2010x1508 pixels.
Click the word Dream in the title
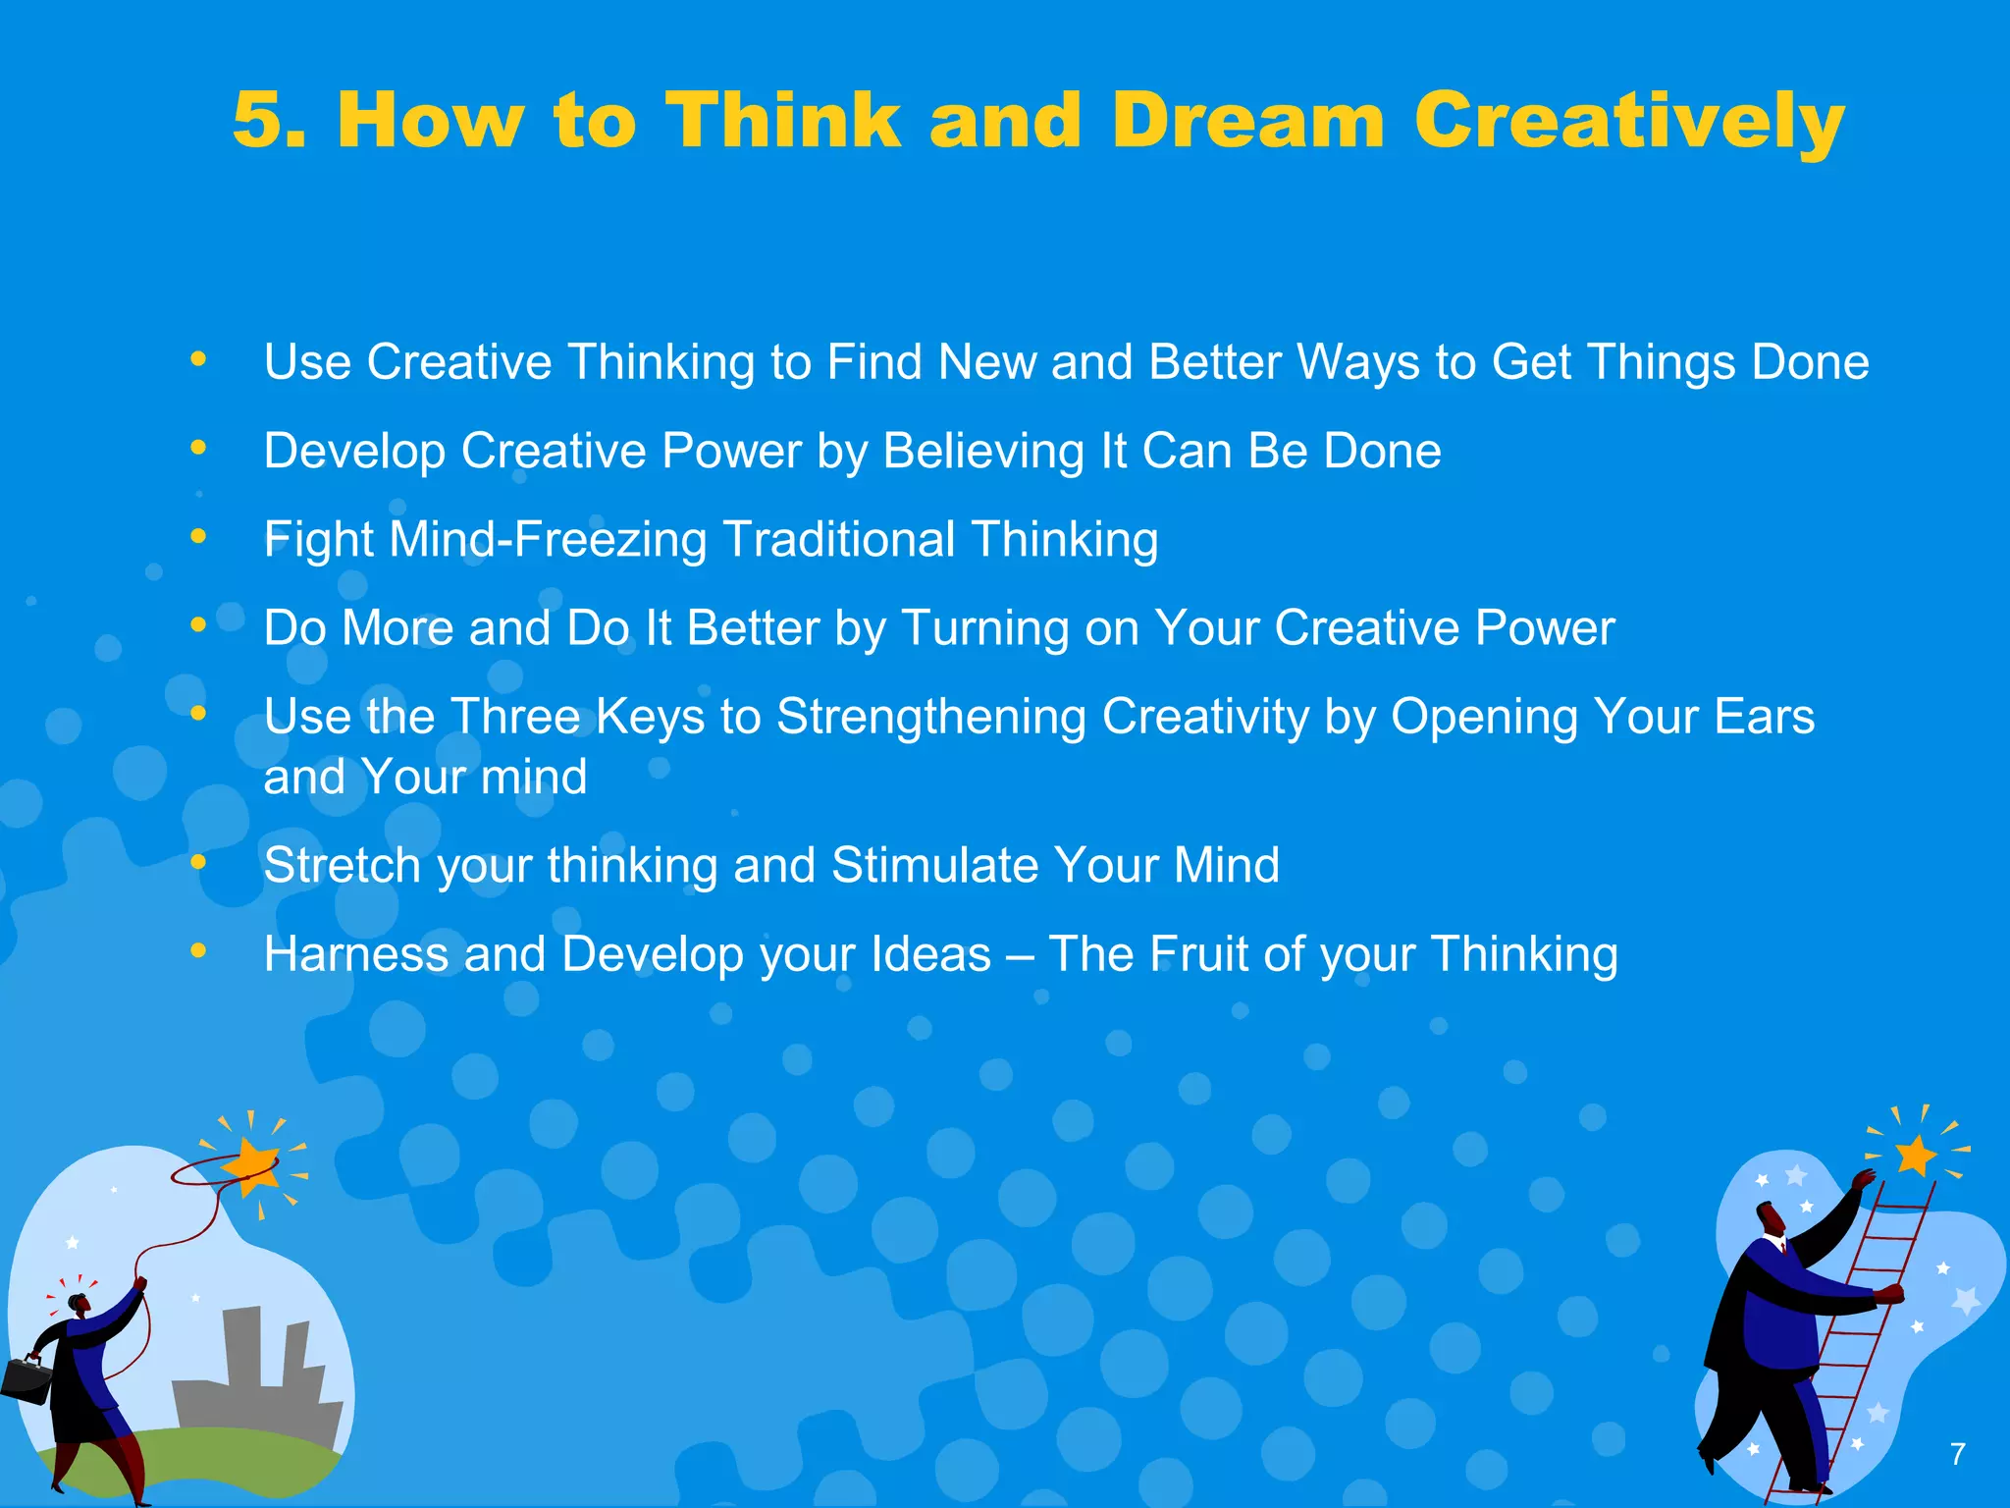pos(1247,121)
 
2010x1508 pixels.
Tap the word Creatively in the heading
pos(1629,121)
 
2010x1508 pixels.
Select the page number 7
pos(1957,1454)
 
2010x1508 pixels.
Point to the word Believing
pos(982,452)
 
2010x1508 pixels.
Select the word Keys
pos(651,717)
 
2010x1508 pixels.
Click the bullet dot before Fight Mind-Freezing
pos(198,536)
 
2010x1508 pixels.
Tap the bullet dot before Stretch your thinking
pos(198,862)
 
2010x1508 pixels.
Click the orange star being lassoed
pos(253,1164)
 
